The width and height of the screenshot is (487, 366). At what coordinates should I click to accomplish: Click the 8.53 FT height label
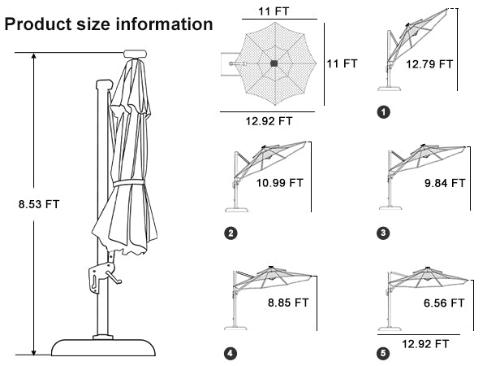tap(39, 204)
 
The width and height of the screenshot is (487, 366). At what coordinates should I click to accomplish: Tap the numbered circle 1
tap(383, 112)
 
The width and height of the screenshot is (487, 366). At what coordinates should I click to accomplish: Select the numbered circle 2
tap(231, 233)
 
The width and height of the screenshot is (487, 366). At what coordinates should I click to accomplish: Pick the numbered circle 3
tap(383, 233)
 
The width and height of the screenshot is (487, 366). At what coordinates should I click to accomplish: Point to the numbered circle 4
tap(231, 353)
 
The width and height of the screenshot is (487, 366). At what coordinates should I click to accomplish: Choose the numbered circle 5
tap(383, 353)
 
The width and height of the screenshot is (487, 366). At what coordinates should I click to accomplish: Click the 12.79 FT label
tap(429, 64)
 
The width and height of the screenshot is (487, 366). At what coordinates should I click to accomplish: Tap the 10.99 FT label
tap(279, 183)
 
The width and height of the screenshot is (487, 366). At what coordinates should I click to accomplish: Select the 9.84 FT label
tap(445, 183)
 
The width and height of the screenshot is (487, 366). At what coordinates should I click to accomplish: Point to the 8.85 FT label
tap(288, 303)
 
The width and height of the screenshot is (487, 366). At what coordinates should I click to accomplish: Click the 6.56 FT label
tap(444, 303)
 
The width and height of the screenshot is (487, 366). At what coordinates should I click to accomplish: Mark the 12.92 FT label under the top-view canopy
tap(269, 121)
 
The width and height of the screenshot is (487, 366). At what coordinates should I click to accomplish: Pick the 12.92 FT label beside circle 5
tap(425, 344)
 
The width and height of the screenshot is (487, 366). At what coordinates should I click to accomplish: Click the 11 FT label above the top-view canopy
tap(274, 11)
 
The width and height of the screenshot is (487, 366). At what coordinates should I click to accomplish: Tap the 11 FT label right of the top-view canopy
tap(342, 63)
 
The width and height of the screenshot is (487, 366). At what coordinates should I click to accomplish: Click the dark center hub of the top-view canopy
tap(274, 63)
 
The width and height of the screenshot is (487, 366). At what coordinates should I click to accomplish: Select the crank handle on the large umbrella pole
tap(113, 278)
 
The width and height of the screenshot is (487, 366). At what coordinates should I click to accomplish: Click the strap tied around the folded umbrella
tap(128, 183)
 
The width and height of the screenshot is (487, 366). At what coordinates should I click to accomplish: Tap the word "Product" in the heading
tap(38, 24)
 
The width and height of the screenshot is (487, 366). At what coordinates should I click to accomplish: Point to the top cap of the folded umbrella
tap(135, 54)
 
